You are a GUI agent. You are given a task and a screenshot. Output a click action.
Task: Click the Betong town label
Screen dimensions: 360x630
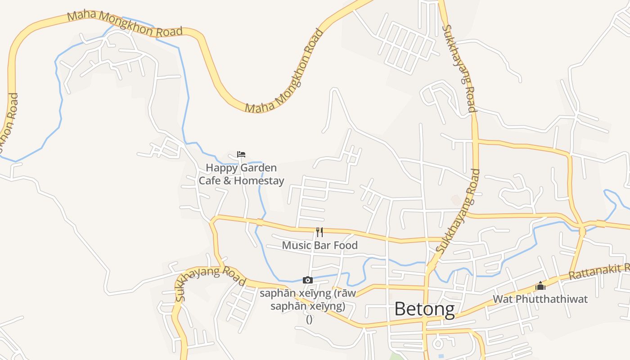point(424,309)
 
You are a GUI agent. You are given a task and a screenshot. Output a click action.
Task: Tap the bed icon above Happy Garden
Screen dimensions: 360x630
point(241,154)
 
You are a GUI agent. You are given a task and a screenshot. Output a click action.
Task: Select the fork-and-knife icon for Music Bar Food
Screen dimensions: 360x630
point(319,232)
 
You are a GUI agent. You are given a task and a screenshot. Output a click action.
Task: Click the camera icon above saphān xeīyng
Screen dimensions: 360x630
point(308,280)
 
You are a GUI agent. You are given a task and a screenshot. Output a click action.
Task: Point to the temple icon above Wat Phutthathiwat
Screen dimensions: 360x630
point(540,286)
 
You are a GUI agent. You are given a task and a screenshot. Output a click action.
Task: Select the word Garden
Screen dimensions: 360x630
point(258,168)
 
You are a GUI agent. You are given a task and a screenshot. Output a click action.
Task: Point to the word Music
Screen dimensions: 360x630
point(295,245)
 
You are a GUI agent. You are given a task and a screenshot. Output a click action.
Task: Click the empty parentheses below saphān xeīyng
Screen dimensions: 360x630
point(309,319)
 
